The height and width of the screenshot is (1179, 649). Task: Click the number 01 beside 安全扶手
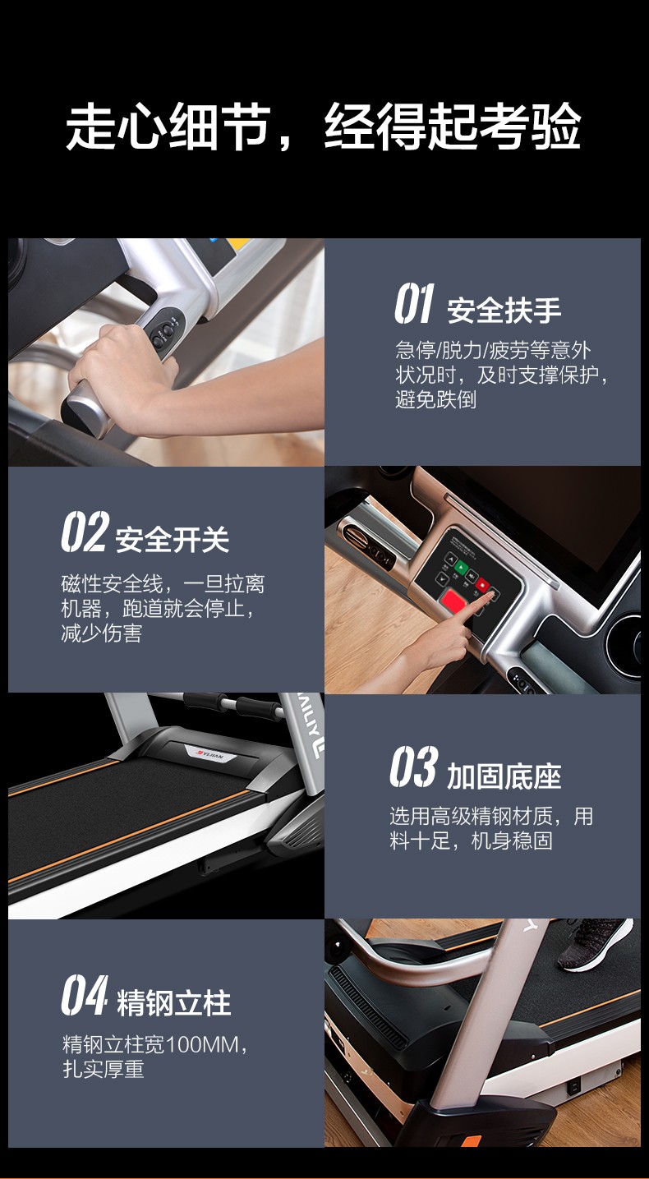[414, 303]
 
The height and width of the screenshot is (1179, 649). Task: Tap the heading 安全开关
[173, 540]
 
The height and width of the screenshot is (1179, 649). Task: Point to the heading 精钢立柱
[173, 1003]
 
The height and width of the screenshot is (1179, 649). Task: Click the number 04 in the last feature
[85, 995]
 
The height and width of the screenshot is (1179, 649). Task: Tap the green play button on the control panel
[461, 568]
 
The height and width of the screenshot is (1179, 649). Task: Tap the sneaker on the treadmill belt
[596, 944]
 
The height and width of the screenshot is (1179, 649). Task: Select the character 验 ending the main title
[556, 127]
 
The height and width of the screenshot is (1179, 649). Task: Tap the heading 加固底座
[504, 776]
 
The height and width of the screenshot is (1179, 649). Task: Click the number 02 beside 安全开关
[85, 532]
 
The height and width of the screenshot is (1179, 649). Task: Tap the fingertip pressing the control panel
[492, 596]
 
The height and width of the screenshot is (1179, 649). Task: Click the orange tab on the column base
[472, 1140]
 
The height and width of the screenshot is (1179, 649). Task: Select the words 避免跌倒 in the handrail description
[436, 400]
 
